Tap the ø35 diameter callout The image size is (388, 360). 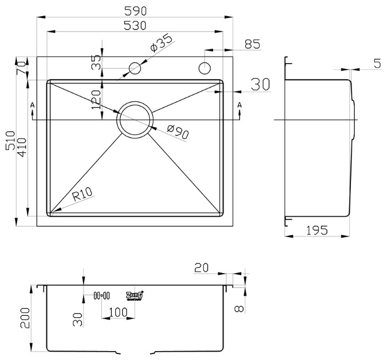coord(161,45)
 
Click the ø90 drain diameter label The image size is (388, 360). coord(177,132)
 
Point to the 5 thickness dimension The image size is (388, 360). coord(377,64)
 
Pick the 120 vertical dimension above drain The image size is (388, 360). coord(97,99)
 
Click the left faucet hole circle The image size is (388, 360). coord(134,68)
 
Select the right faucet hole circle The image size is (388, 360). coord(205,68)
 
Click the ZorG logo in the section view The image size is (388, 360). coord(135,295)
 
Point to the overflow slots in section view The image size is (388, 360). coord(102,295)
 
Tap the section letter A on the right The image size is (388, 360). coord(239,105)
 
